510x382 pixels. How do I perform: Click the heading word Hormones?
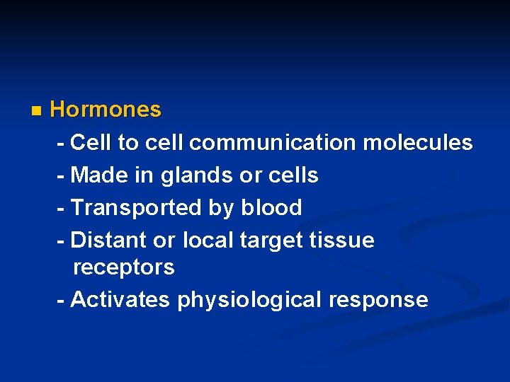pyautogui.click(x=106, y=110)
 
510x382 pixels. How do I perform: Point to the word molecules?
pyautogui.click(x=417, y=143)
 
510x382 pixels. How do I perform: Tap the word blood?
pyautogui.click(x=271, y=208)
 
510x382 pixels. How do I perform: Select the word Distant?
pyautogui.click(x=108, y=241)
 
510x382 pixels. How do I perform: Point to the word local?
pyautogui.click(x=208, y=241)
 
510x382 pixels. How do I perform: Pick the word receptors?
pyautogui.click(x=123, y=268)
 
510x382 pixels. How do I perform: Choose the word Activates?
pyautogui.click(x=120, y=300)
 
